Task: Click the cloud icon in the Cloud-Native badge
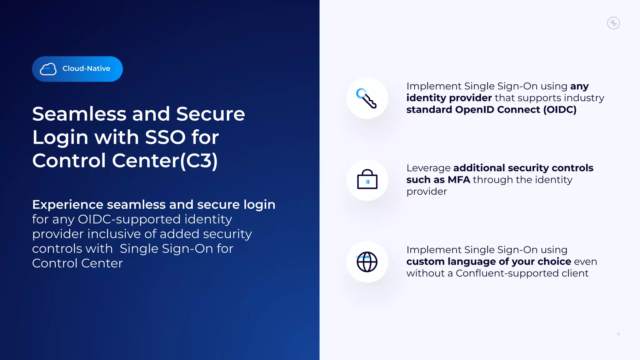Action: [x=48, y=69]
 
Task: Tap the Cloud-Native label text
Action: [x=86, y=68]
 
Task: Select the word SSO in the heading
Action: [x=165, y=137]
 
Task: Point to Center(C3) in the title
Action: [x=165, y=161]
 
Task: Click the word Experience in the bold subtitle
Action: [x=67, y=205]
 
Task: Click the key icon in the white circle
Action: [x=367, y=98]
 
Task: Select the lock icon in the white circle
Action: [x=367, y=180]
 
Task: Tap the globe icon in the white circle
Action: [x=367, y=262]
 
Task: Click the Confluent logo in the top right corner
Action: [x=613, y=23]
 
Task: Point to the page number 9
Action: [x=618, y=334]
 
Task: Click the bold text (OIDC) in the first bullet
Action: [x=560, y=110]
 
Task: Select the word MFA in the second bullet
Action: [x=459, y=180]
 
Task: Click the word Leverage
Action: [x=428, y=168]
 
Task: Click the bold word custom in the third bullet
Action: [x=425, y=262]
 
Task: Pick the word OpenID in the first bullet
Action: [x=474, y=110]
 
